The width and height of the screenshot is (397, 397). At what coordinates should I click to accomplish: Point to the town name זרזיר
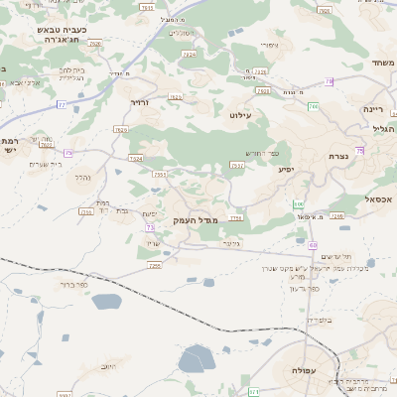[x=139, y=101]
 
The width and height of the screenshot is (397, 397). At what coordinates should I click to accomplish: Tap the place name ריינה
[x=373, y=108]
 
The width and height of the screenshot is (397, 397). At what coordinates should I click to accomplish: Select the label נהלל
[x=83, y=177]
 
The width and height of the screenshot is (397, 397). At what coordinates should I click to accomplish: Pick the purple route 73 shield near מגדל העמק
[x=150, y=227]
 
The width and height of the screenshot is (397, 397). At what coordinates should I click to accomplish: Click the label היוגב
[x=109, y=366]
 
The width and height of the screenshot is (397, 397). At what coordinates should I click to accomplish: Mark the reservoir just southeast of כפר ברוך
[x=106, y=303]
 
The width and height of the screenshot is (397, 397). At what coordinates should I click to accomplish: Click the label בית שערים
[x=47, y=163]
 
